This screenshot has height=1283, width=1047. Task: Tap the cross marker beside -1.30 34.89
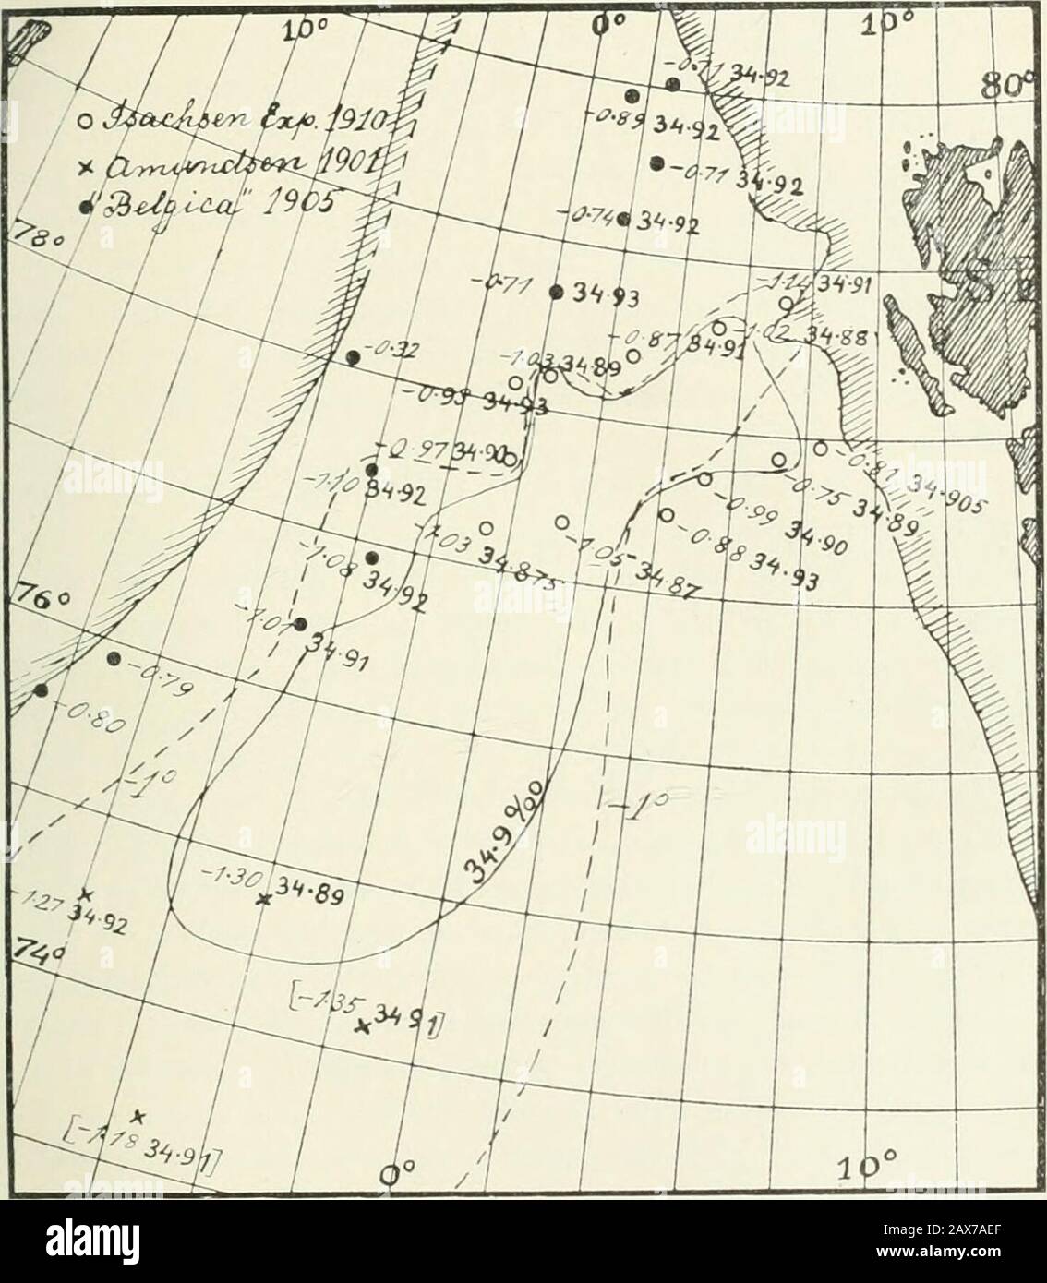(x=264, y=899)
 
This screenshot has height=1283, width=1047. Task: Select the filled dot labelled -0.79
(x=114, y=658)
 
